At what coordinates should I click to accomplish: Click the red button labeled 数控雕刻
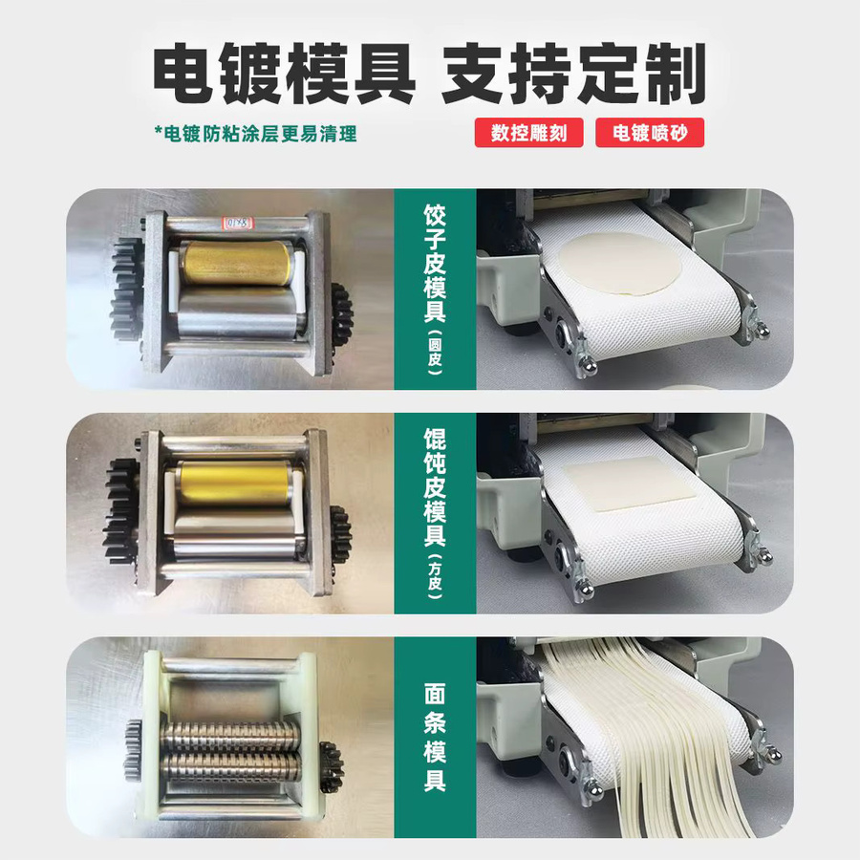[528, 133]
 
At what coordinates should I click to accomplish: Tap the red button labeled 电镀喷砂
[650, 133]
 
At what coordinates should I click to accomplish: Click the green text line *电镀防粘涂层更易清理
[255, 134]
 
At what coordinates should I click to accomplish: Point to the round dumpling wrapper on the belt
[620, 264]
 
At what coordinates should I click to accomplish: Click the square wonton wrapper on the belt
[630, 484]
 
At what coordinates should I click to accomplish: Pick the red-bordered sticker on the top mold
[237, 224]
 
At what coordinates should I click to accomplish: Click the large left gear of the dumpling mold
[127, 289]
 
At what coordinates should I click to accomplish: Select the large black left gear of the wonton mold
[121, 512]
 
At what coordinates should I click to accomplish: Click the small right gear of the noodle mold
[332, 767]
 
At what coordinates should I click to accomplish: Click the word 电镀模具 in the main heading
[284, 75]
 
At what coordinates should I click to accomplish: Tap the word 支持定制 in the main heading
[573, 75]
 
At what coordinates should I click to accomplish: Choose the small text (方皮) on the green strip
[435, 576]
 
